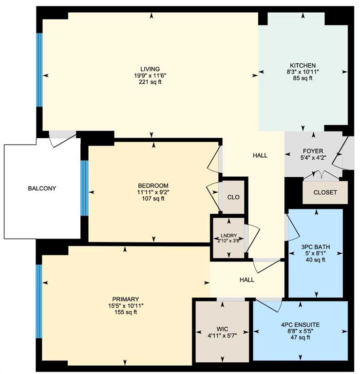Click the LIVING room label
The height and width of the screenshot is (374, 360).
click(x=150, y=69)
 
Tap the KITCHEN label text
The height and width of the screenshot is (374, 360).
click(x=303, y=65)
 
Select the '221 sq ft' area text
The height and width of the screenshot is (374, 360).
click(x=150, y=82)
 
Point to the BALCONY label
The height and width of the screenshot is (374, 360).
click(x=42, y=188)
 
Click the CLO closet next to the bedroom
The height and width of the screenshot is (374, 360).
click(x=233, y=197)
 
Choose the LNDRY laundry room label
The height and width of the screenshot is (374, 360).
click(x=229, y=235)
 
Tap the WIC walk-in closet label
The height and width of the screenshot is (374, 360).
click(x=222, y=329)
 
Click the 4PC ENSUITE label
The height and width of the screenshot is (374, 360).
click(x=301, y=325)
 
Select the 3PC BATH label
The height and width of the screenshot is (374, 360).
click(x=316, y=246)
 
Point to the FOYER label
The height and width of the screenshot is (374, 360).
click(x=313, y=151)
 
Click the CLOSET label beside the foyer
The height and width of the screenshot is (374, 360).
click(x=325, y=192)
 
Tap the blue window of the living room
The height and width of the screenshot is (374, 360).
click(x=39, y=70)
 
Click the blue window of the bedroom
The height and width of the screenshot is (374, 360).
click(x=84, y=188)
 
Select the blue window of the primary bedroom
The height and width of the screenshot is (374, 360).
click(x=39, y=301)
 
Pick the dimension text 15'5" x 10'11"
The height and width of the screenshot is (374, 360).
click(x=126, y=306)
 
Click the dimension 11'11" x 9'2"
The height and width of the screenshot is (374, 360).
click(x=153, y=192)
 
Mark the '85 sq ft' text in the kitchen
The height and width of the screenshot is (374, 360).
click(x=303, y=78)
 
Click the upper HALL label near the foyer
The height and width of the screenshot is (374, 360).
click(x=260, y=155)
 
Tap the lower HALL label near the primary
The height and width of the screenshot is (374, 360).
click(x=247, y=280)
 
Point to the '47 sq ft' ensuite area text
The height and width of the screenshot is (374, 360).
click(x=301, y=337)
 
